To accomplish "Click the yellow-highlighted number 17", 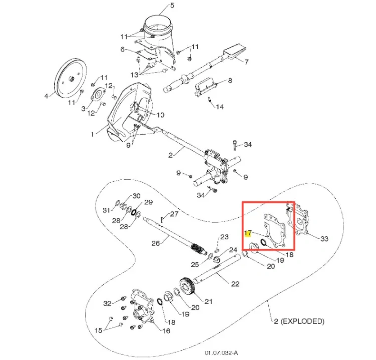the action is pyautogui.click(x=248, y=233).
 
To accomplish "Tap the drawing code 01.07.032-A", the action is pyautogui.click(x=221, y=353).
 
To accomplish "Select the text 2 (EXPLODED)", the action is pyautogui.click(x=299, y=321).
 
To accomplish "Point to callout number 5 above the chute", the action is pyautogui.click(x=172, y=5).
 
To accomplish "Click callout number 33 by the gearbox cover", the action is pyautogui.click(x=324, y=239).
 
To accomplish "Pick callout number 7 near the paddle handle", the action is pyautogui.click(x=246, y=62).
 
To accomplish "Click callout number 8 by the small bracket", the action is pyautogui.click(x=230, y=80).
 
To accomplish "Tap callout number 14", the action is pyautogui.click(x=220, y=107).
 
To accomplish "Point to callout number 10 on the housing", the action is pyautogui.click(x=160, y=115).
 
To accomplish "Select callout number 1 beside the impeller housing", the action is pyautogui.click(x=92, y=134).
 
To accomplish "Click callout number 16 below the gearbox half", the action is pyautogui.click(x=166, y=331).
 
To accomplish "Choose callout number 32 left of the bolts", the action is pyautogui.click(x=107, y=303).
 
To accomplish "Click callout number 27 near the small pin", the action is pyautogui.click(x=174, y=214).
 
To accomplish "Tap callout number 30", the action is pyautogui.click(x=136, y=196).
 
